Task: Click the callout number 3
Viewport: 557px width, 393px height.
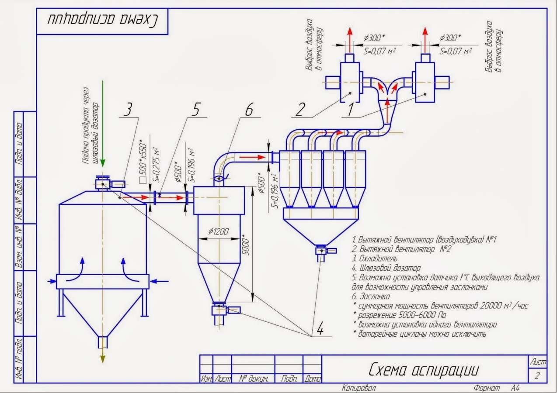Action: [128, 110]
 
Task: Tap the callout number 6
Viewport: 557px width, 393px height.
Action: [248, 110]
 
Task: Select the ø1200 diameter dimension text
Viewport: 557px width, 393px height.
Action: [217, 231]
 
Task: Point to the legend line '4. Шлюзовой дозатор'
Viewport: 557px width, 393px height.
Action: [387, 268]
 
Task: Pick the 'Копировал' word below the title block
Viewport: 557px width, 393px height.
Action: [359, 388]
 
